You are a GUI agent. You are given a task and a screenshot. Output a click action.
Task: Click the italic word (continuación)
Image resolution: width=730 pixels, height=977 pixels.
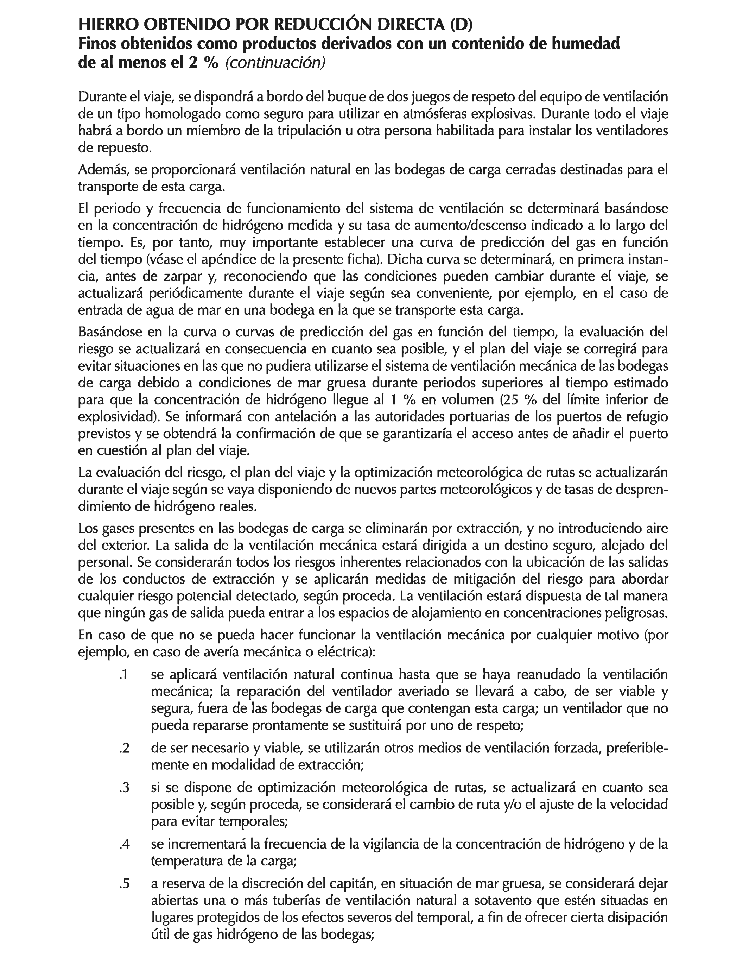(275, 63)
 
